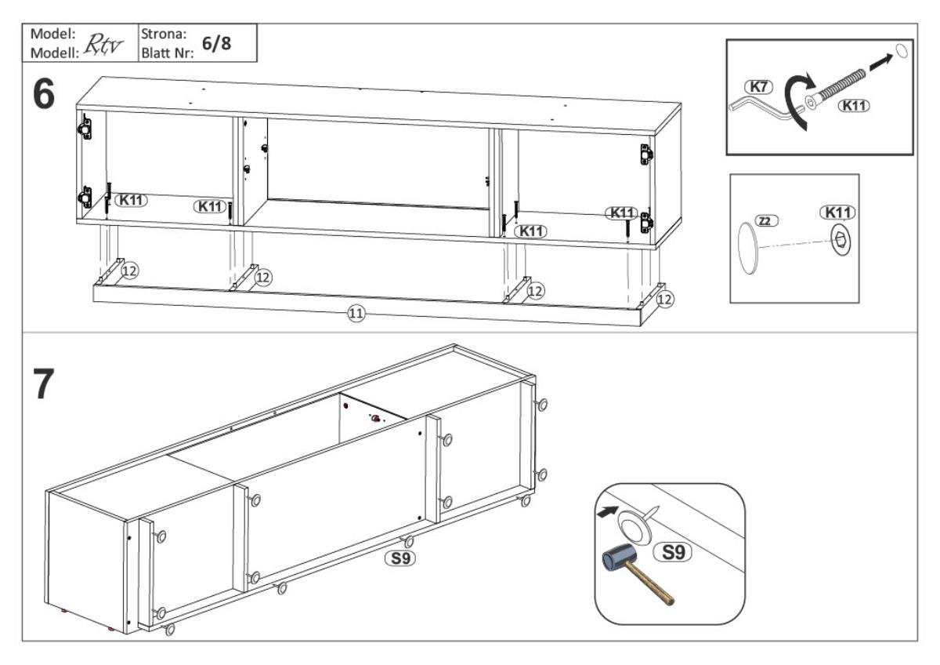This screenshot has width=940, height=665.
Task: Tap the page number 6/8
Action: (216, 45)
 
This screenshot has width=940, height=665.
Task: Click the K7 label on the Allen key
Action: (759, 87)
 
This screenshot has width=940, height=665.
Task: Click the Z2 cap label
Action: (766, 221)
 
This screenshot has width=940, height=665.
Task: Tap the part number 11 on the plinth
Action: (356, 314)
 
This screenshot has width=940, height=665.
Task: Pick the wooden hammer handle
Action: (653, 591)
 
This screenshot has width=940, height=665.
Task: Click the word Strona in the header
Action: (162, 34)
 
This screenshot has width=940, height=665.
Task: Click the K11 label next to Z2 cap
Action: (837, 213)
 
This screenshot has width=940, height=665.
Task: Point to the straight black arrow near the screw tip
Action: (880, 61)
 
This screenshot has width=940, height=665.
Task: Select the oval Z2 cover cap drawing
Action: (747, 247)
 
